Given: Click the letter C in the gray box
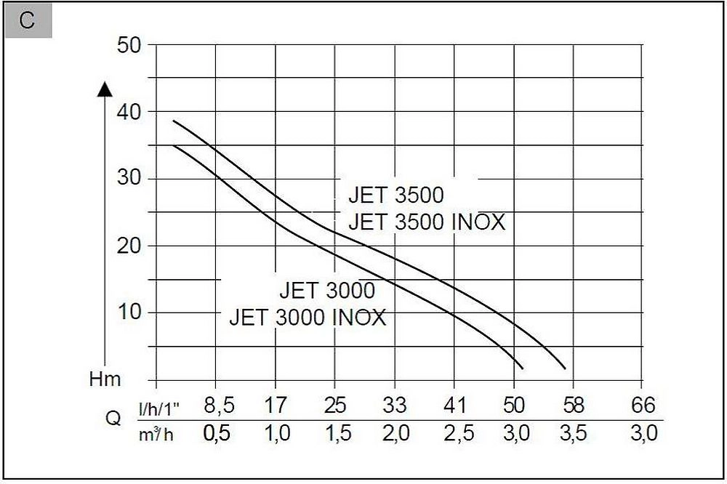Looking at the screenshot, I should pos(27,20).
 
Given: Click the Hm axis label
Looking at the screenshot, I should pos(105,379).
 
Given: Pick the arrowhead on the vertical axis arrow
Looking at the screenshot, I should pos(105,89).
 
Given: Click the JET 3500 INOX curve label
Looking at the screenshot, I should pos(426,221).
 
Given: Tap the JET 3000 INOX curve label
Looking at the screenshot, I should pos(308,318).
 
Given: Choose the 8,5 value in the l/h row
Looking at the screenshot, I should pos(216,406).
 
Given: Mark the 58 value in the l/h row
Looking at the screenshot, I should pos(572,406).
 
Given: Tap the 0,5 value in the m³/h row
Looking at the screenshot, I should pos(216,434).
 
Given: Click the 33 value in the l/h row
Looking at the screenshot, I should pos(394,406).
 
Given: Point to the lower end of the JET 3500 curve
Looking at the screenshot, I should pos(565,368).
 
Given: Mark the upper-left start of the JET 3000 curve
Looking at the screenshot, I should pos(173,145).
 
